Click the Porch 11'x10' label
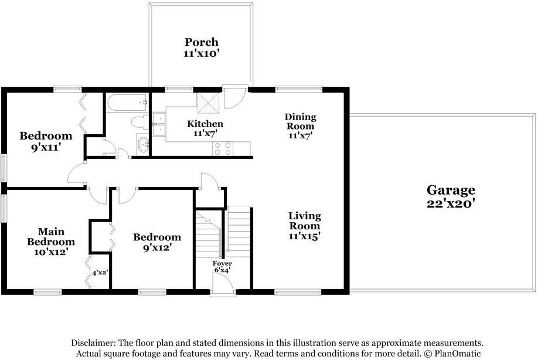202,47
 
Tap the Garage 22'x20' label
450,196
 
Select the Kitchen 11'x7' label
205,129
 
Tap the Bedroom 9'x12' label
156,242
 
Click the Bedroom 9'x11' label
46,141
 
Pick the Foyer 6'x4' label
222,267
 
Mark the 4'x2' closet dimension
100,273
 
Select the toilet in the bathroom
140,123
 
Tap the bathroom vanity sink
143,144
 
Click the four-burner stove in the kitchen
223,148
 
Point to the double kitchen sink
159,124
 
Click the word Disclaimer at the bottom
93,342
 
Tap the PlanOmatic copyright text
454,354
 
